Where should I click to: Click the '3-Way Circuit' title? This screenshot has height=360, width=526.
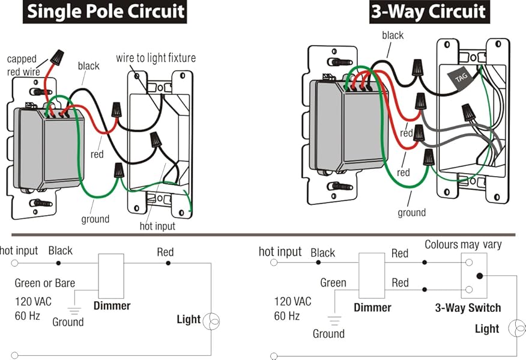(x=428, y=11)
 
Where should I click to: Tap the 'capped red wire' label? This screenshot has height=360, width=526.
(x=22, y=64)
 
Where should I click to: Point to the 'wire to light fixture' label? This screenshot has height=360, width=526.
(x=156, y=58)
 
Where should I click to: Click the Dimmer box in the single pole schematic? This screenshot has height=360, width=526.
(x=111, y=276)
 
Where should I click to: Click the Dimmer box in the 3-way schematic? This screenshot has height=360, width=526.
(x=371, y=276)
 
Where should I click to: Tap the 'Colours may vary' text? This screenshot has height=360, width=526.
(x=463, y=245)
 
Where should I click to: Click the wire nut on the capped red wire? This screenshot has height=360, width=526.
(x=58, y=58)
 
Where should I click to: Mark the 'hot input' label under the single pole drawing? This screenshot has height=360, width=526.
(x=158, y=226)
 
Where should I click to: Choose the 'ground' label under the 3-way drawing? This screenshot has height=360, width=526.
(x=411, y=212)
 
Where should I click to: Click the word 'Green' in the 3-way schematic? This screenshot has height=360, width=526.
(x=333, y=282)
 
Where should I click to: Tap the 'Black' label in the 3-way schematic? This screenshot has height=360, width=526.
(x=322, y=253)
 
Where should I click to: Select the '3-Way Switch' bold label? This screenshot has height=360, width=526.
(x=468, y=308)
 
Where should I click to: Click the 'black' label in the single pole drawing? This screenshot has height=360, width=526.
(x=88, y=66)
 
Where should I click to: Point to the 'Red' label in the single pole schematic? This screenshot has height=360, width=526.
(x=165, y=252)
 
